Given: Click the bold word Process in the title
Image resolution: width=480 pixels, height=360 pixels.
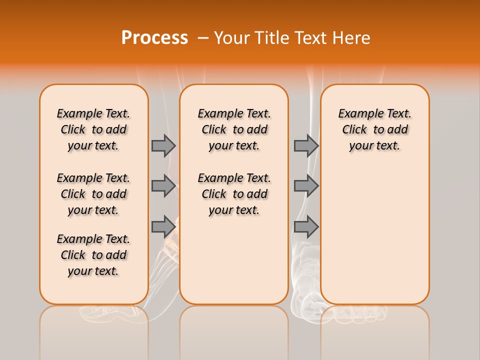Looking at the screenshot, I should coord(154,38).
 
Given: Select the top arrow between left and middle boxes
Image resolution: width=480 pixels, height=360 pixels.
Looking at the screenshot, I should coord(163,145).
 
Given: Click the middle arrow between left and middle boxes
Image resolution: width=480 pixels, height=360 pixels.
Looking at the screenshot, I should coord(163,186).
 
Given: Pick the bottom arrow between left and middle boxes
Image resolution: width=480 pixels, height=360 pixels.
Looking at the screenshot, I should coord(163,226).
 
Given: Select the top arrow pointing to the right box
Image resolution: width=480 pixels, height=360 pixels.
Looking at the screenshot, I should coord(306,145).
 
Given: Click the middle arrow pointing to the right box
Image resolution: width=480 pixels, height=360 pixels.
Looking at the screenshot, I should coord(306,186).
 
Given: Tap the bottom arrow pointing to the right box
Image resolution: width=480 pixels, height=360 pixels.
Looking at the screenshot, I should coord(306,226).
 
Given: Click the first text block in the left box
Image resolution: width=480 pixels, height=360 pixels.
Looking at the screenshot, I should coord(93,129).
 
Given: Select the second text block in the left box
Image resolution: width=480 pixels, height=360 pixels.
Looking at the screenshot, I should coord(93,194).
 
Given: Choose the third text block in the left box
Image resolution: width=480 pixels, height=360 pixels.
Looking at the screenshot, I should coord(93,255).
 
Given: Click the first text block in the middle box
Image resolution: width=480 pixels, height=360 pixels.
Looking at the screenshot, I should coord(234,129).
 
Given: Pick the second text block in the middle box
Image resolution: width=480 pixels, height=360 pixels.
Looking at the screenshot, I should coord(234,194).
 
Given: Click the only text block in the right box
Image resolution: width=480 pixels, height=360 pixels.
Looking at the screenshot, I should coord(374,129).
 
